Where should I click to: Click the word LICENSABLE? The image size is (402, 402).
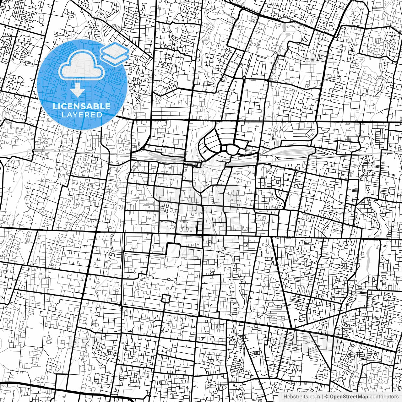click(x=82, y=106)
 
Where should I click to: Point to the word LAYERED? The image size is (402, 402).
click(x=82, y=115)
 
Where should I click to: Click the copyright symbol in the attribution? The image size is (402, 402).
click(x=327, y=397)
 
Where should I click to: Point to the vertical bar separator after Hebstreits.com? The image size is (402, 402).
click(x=323, y=397)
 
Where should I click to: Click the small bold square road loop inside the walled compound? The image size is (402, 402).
click(x=166, y=298)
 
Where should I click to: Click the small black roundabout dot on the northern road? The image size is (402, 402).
click(x=244, y=78)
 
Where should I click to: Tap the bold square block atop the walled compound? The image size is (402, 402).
click(x=173, y=250)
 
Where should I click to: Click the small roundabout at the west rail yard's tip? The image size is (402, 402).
click(x=142, y=148)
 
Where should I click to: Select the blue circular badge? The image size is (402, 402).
click(x=82, y=85)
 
